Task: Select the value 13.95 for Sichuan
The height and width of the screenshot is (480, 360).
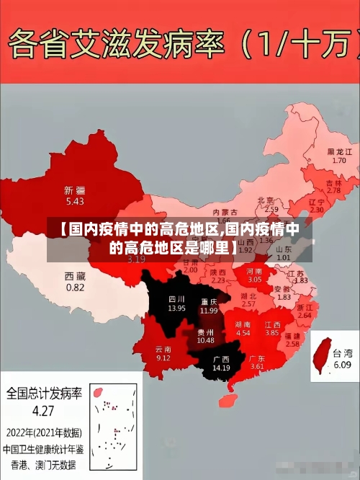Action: pyautogui.click(x=177, y=308)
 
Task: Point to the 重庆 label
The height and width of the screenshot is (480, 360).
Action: pyautogui.click(x=209, y=301)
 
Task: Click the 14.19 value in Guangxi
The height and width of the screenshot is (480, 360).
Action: pyautogui.click(x=221, y=368)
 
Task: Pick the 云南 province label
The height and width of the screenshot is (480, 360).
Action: pyautogui.click(x=163, y=349)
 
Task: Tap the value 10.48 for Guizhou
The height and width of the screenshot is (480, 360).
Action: pyautogui.click(x=205, y=340)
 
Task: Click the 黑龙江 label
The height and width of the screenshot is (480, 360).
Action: pyautogui.click(x=339, y=152)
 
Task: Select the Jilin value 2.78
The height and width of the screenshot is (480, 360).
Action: pyautogui.click(x=333, y=190)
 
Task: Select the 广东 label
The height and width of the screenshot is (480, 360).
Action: pyautogui.click(x=257, y=358)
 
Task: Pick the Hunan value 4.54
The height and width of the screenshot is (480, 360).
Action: pyautogui.click(x=243, y=333)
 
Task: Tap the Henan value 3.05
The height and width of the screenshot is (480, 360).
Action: pyautogui.click(x=255, y=278)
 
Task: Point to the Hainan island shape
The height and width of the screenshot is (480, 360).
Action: pyautogui.click(x=232, y=396)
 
